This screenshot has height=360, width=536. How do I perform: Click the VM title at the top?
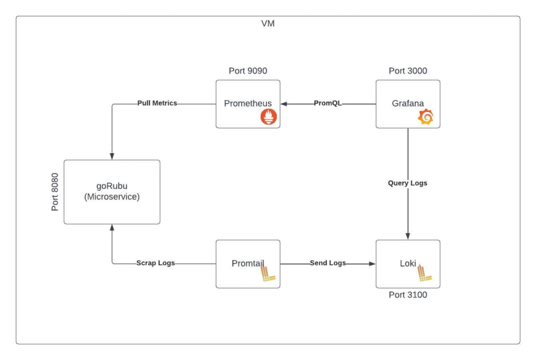coord(268,24)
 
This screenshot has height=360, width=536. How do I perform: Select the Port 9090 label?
coord(248,71)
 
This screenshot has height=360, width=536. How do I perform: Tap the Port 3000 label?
coord(407,71)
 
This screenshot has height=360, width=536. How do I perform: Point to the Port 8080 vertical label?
coord(55,192)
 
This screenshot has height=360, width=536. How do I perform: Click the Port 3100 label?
coord(407,295)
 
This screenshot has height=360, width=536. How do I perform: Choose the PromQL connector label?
coord(328,104)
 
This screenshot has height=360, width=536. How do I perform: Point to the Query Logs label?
coord(407,183)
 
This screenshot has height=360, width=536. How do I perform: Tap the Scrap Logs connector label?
coord(155,263)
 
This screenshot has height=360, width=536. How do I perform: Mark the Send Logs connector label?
coord(328,263)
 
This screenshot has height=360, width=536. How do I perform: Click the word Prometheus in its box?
coord(248,104)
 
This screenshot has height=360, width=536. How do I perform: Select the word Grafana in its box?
coord(408,104)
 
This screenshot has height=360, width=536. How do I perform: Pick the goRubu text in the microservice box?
coord(112,185)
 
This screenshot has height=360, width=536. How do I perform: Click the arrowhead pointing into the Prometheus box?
coord(284,104)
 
